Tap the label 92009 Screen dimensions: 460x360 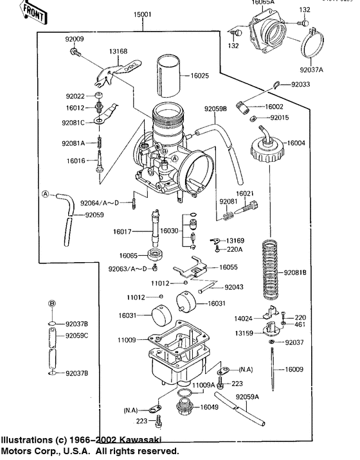tap(74, 39)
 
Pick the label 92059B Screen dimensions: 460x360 tap(216, 109)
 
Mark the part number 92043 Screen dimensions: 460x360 tap(235, 287)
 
